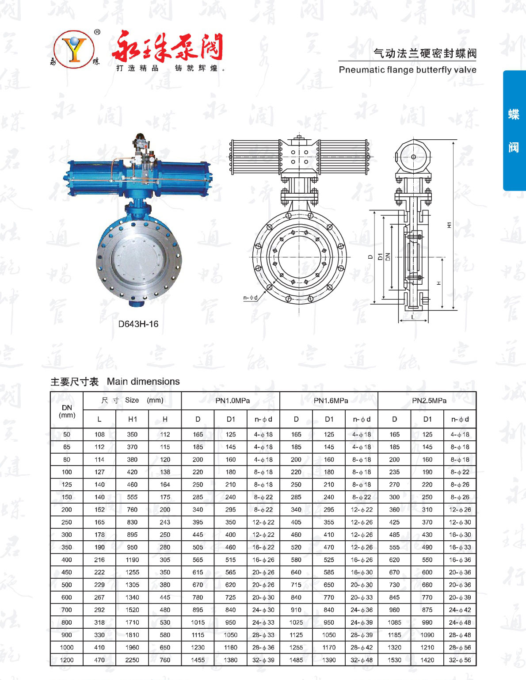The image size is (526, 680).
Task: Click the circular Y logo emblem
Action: tap(74, 49)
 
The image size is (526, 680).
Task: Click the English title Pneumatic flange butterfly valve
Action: tap(408, 69)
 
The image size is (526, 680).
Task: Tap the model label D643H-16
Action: tap(138, 324)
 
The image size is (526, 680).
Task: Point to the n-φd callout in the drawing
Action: tap(250, 297)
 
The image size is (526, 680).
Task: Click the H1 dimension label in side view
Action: tap(449, 225)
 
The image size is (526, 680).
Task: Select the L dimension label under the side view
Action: tap(413, 317)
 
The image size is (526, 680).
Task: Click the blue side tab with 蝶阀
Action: tap(514, 130)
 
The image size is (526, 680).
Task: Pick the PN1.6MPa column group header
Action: tap(331, 401)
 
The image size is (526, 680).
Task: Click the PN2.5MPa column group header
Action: tap(429, 401)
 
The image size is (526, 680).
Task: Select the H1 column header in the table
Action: tap(133, 419)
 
